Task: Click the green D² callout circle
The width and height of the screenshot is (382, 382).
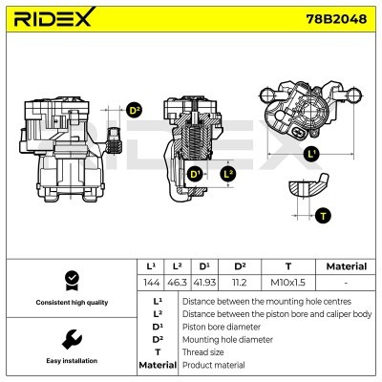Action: click(134, 111)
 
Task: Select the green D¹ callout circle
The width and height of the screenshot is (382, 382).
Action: click(195, 174)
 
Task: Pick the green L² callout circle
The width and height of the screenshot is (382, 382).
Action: click(227, 174)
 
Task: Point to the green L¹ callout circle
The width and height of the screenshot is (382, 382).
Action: click(310, 153)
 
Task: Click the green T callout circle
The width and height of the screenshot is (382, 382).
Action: click(324, 215)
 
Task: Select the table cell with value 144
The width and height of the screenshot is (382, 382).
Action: click(151, 284)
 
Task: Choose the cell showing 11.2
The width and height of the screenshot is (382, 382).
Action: click(240, 284)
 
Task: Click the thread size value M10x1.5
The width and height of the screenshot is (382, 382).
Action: click(288, 284)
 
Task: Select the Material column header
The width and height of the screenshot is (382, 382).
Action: click(346, 266)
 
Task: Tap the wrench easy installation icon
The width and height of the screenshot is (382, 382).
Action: click(70, 339)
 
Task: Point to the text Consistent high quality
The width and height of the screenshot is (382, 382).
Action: click(70, 303)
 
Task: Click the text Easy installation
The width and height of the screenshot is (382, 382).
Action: click(70, 361)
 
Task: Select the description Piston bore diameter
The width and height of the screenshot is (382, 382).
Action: click(221, 326)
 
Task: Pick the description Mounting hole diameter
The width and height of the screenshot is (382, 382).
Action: click(226, 339)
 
